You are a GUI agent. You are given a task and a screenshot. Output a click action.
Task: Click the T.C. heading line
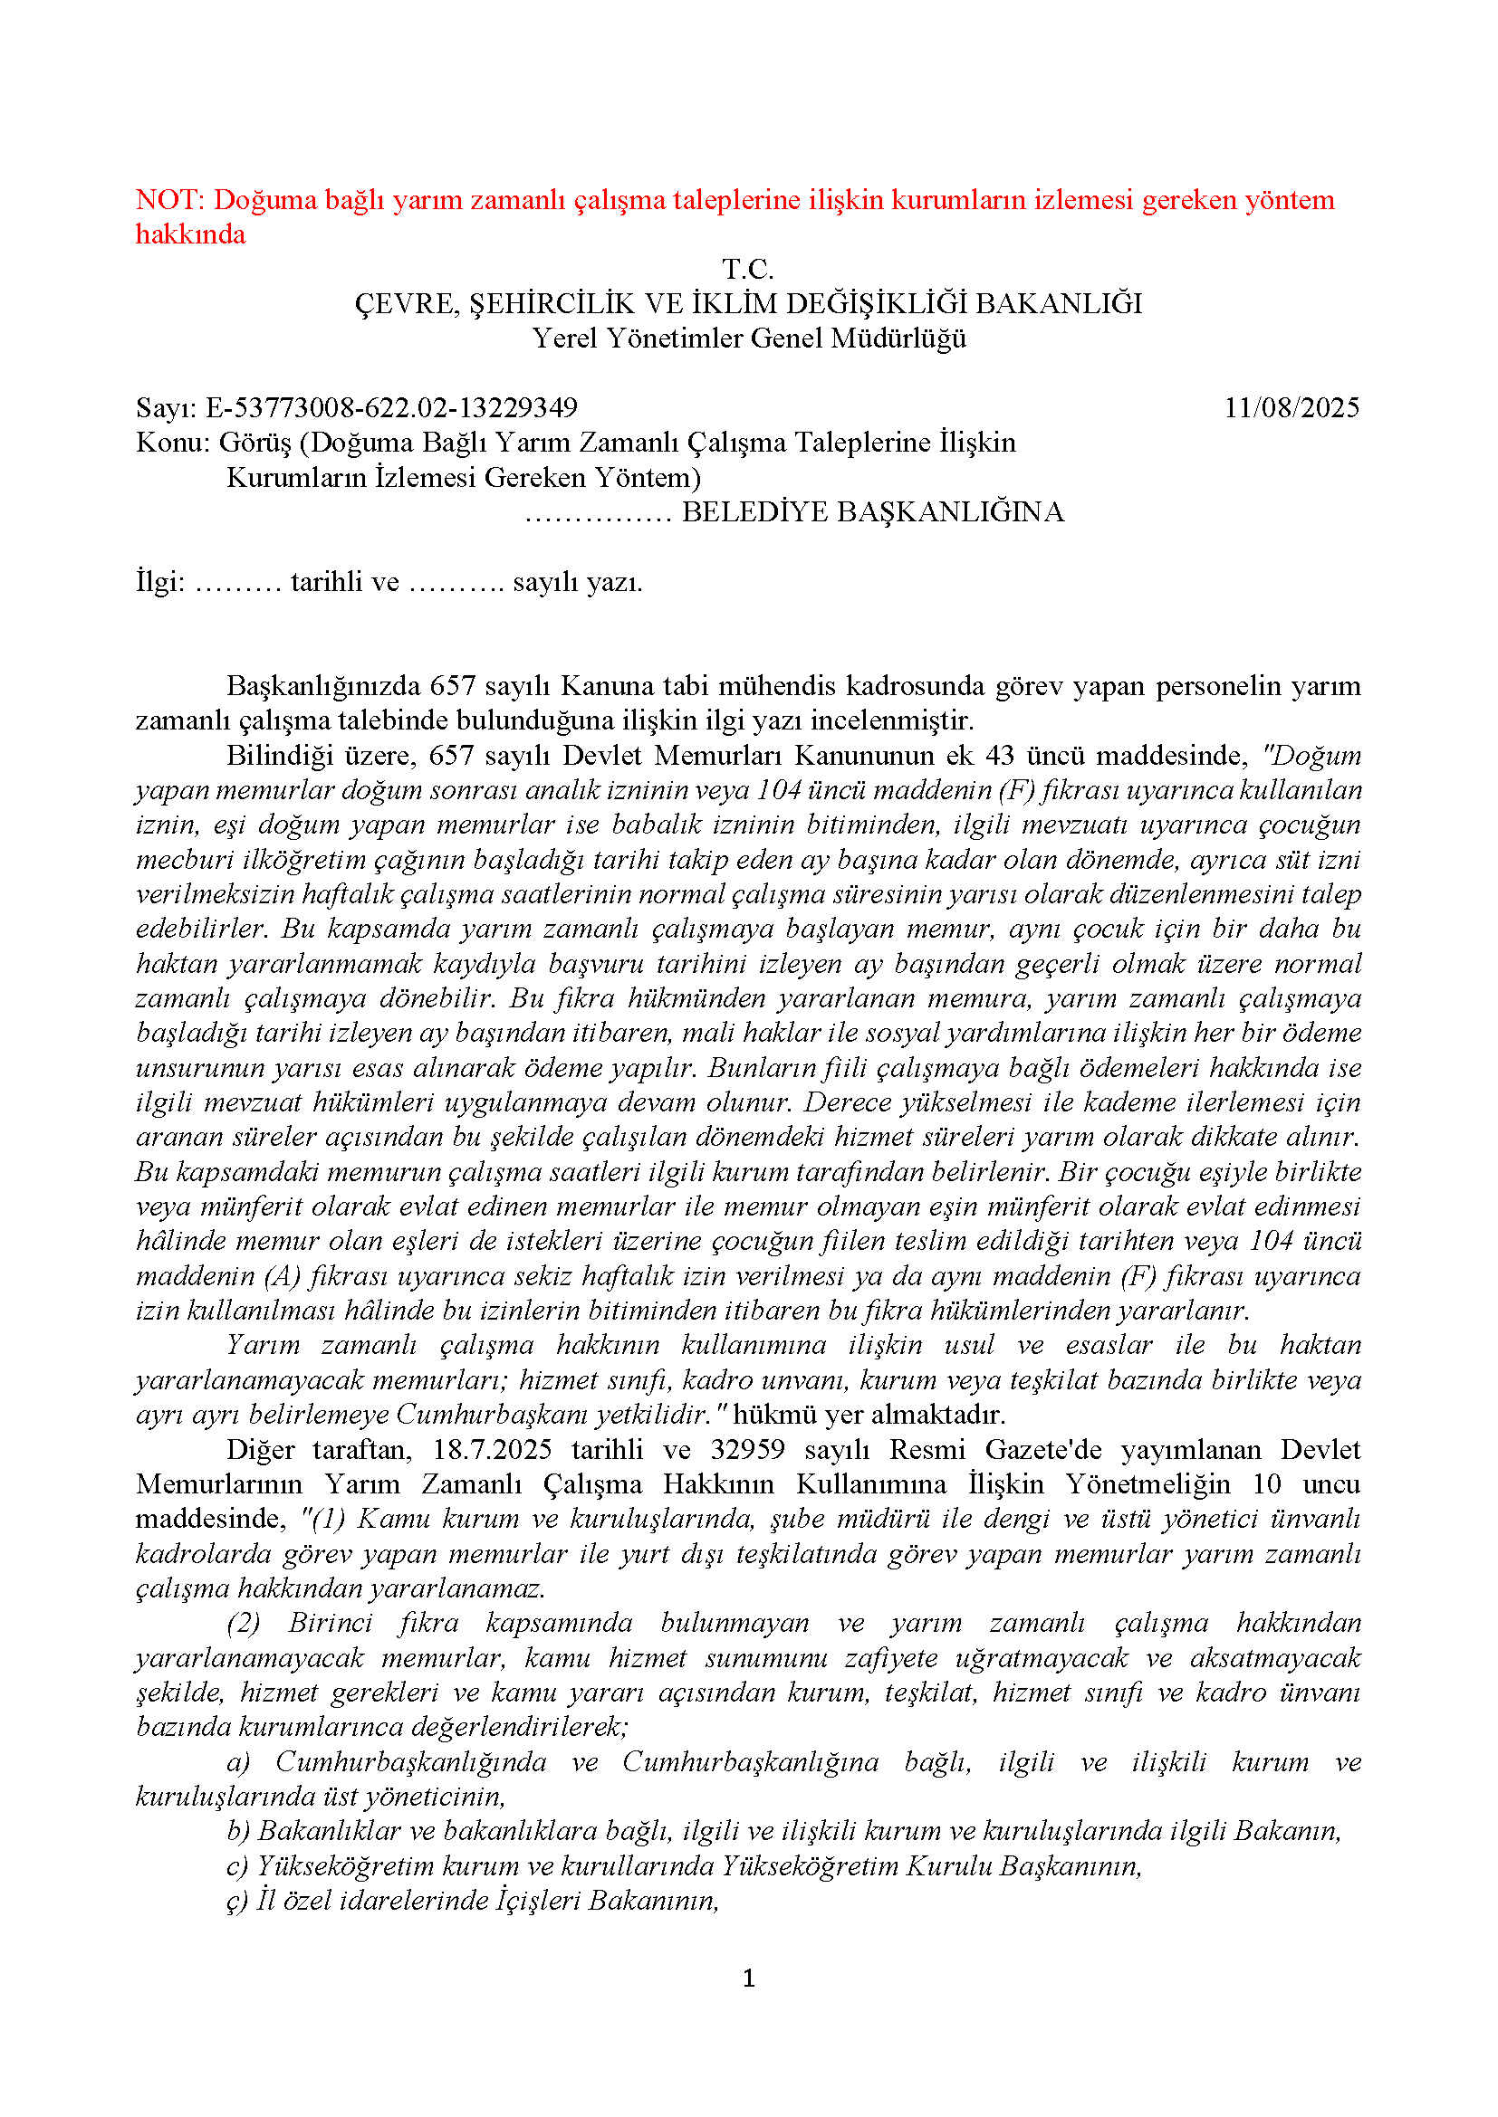coord(748,269)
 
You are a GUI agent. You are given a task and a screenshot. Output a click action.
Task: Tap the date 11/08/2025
coord(1292,408)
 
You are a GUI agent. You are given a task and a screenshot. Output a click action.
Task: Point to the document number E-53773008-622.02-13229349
coord(391,408)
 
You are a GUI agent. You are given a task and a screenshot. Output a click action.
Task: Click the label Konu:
coord(173,443)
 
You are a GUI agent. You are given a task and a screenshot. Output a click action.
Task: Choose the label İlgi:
coord(160,583)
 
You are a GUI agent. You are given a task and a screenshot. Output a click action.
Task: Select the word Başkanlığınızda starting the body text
coord(322,687)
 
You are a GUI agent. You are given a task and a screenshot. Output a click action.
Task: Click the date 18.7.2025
coord(492,1450)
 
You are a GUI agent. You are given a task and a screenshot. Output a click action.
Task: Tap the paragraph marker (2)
coord(244,1624)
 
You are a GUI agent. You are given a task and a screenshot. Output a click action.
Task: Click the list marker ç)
coord(237,1902)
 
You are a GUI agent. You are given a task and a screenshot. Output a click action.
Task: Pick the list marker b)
coord(238,1831)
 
